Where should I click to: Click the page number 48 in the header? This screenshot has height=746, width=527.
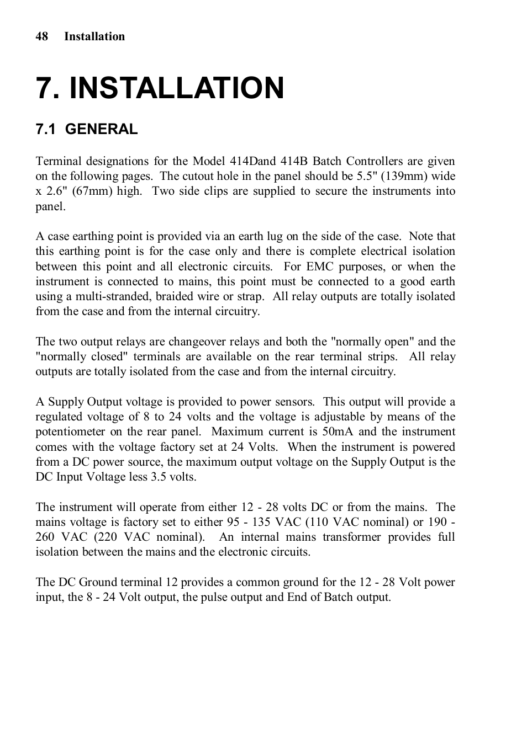click(42, 36)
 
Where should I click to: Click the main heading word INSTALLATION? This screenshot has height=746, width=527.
click(177, 88)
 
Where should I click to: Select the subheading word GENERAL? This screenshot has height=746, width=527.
click(101, 129)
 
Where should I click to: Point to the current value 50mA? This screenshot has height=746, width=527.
click(338, 431)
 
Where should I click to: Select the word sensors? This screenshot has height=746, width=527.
click(295, 402)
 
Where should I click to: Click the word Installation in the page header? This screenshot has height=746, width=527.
click(94, 36)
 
